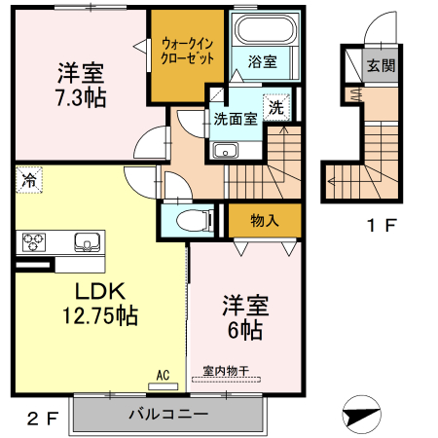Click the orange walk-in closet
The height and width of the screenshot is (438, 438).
pyautogui.click(x=187, y=56)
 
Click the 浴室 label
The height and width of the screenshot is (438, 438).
pyautogui.click(x=260, y=61)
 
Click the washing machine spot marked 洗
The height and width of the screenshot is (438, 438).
pyautogui.click(x=276, y=107)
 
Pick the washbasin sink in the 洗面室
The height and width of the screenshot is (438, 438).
pyautogui.click(x=227, y=150)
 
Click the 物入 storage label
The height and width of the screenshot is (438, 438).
pyautogui.click(x=264, y=220)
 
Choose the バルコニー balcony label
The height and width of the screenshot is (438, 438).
pyautogui.click(x=167, y=414)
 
